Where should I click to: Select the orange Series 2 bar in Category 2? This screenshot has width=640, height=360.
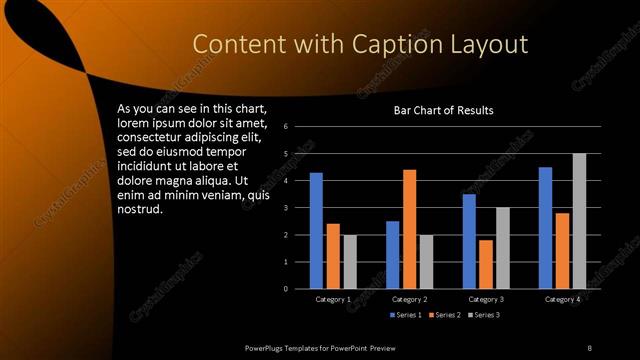click(409, 229)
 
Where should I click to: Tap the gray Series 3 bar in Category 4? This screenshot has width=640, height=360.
click(578, 221)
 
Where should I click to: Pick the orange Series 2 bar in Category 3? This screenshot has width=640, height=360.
click(486, 264)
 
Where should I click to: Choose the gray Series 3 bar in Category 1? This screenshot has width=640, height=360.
click(349, 262)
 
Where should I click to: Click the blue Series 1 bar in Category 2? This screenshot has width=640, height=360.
click(393, 255)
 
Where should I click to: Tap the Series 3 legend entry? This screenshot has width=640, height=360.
click(486, 315)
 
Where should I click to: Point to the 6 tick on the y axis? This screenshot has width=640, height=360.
click(286, 127)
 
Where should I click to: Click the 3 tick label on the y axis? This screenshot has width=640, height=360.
click(286, 208)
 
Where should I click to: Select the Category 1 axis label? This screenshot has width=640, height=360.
click(332, 299)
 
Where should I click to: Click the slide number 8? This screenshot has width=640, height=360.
click(590, 347)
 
